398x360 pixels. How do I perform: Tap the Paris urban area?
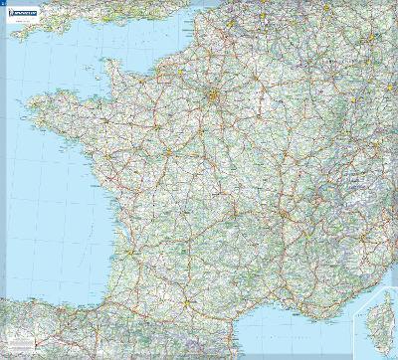pos(214,96)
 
